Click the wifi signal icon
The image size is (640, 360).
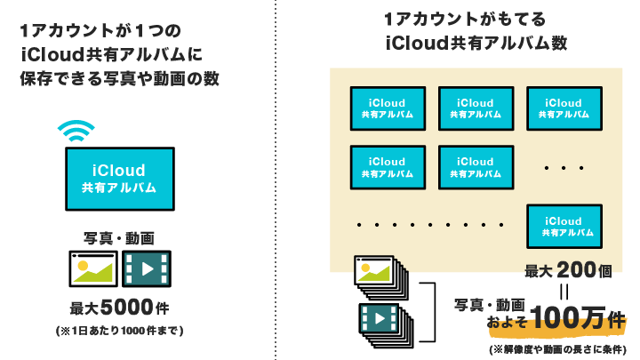(x=76, y=131)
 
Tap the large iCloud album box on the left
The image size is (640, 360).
(x=119, y=178)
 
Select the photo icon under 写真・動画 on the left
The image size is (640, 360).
(x=92, y=269)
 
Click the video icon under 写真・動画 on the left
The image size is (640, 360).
(x=147, y=269)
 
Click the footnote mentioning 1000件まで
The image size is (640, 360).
(x=119, y=332)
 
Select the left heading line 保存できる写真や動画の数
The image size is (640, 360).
(x=119, y=79)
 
